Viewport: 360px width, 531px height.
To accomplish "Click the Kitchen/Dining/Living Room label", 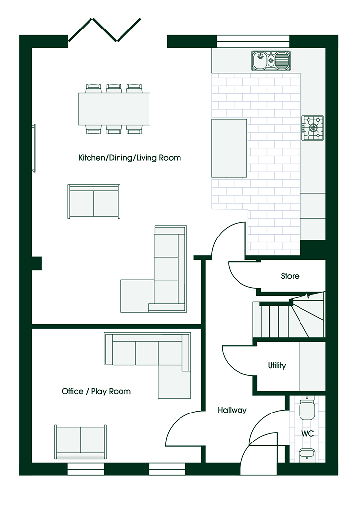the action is pyautogui.click(x=129, y=158).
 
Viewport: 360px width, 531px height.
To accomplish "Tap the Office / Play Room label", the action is pyautogui.click(x=96, y=391).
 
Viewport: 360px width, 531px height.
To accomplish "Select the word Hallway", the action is pyautogui.click(x=232, y=410).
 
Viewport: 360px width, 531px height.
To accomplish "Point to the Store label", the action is pyautogui.click(x=290, y=276).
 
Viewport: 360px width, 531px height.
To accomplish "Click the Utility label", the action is pyautogui.click(x=277, y=365).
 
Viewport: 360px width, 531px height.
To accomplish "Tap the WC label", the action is pyautogui.click(x=307, y=433).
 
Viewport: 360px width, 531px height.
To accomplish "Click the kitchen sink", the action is pyautogui.click(x=271, y=61).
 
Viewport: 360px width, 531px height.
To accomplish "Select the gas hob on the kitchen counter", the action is pyautogui.click(x=313, y=128).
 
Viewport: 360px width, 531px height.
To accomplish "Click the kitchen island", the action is pyautogui.click(x=229, y=148).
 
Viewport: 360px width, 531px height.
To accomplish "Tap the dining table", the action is pyautogui.click(x=114, y=109).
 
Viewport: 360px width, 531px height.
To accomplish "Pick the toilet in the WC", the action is pyautogui.click(x=307, y=408).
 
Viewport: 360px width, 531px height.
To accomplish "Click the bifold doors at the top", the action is pyautogui.click(x=105, y=30).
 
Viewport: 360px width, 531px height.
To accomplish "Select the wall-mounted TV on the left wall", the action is pyautogui.click(x=34, y=148).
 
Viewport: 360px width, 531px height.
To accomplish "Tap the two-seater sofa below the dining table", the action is pyautogui.click(x=94, y=202).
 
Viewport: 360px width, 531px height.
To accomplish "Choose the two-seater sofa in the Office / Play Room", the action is pyautogui.click(x=81, y=442).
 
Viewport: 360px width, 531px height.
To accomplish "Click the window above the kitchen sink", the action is pyautogui.click(x=253, y=41).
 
